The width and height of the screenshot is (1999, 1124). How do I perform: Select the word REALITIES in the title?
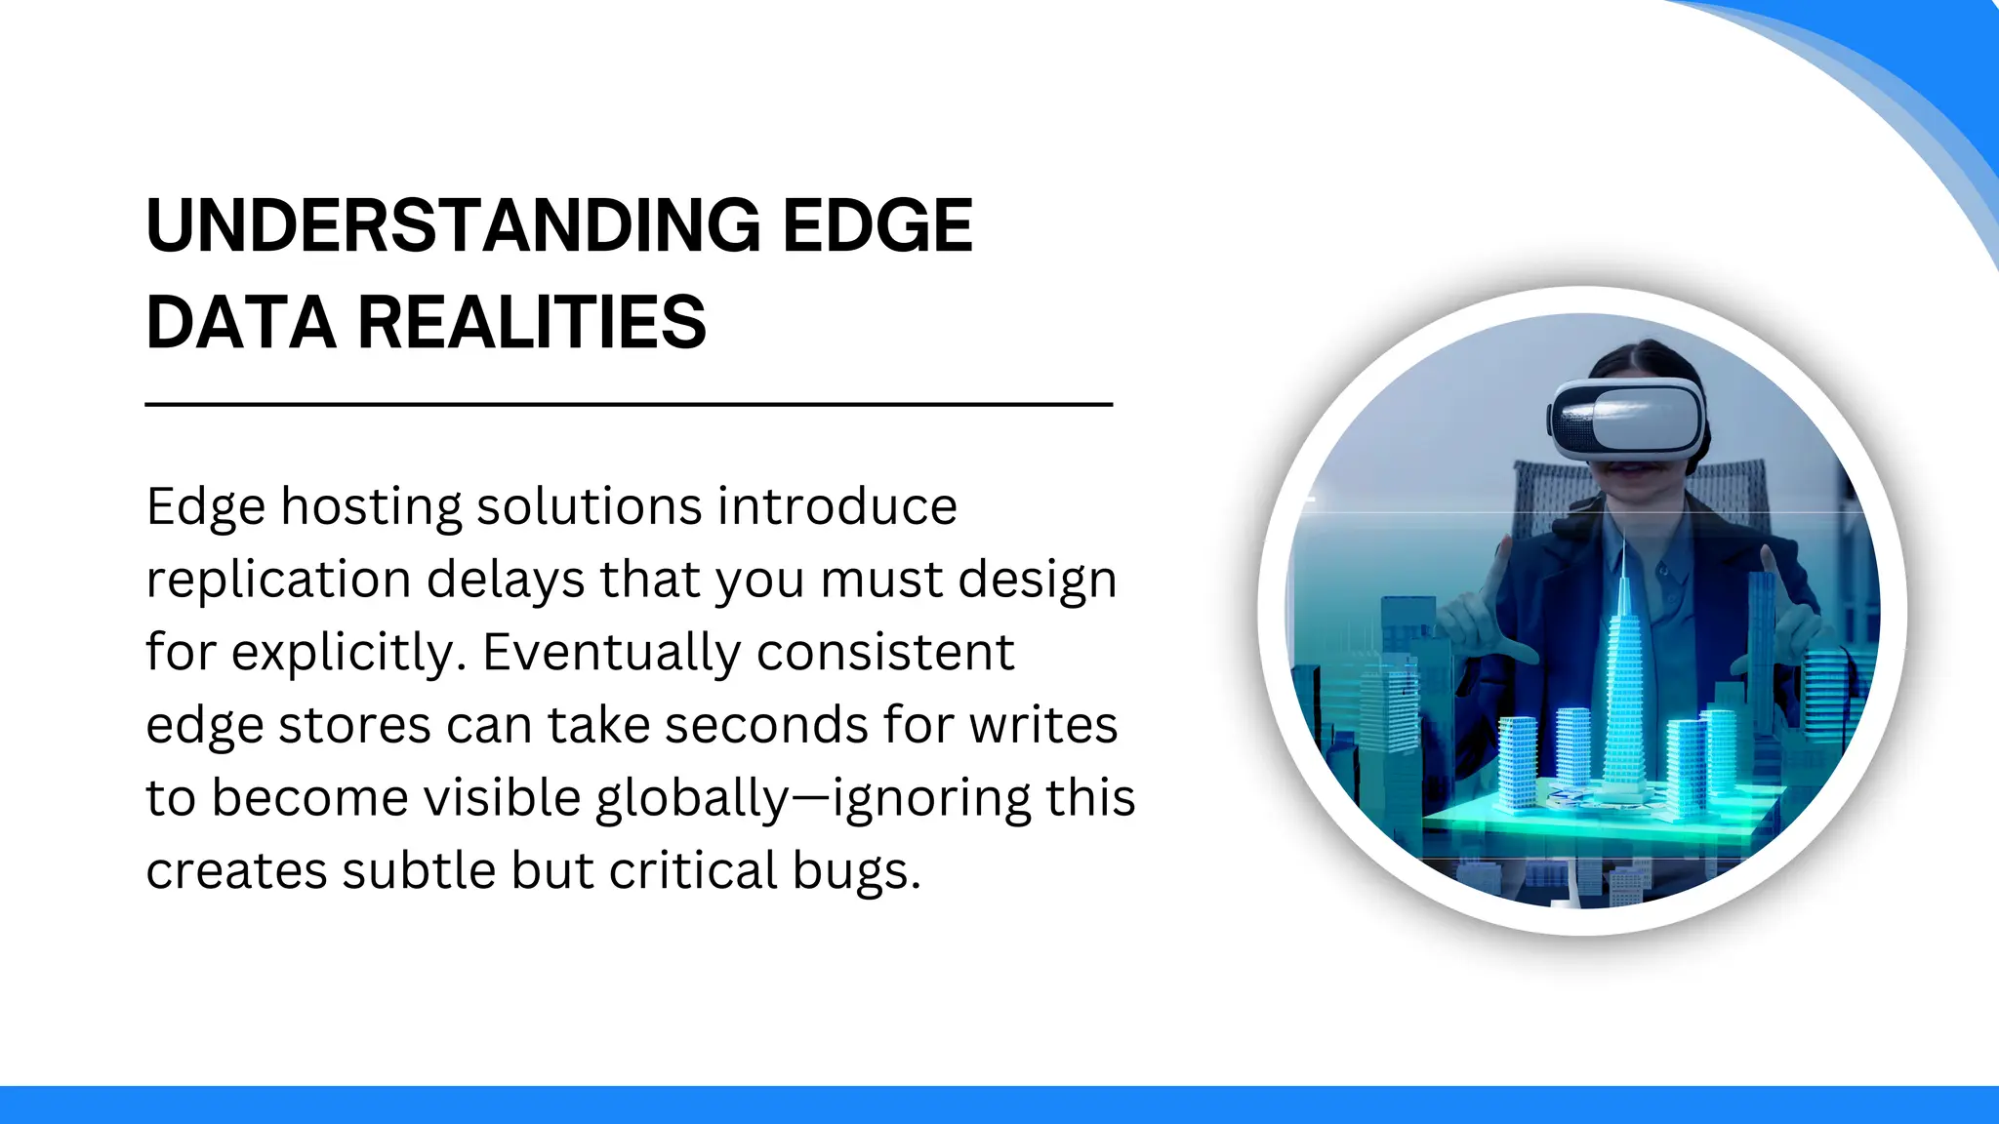[x=531, y=323]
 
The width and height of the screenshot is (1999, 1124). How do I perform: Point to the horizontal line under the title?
[x=629, y=404]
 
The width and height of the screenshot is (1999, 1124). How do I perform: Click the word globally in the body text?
[x=691, y=799]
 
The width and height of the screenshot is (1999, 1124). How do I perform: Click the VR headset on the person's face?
[x=1627, y=418]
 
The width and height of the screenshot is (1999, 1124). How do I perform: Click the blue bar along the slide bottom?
[x=999, y=1104]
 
